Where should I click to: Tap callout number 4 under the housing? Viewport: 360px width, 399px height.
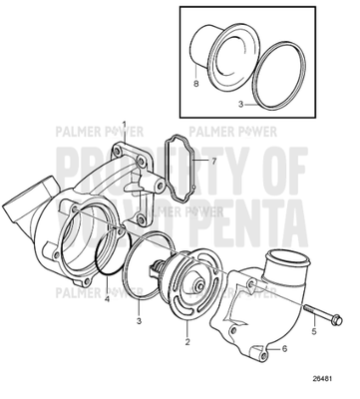(x=108, y=298)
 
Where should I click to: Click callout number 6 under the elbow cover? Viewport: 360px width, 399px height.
(x=285, y=348)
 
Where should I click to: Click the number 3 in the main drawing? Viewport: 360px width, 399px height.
(x=140, y=321)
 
